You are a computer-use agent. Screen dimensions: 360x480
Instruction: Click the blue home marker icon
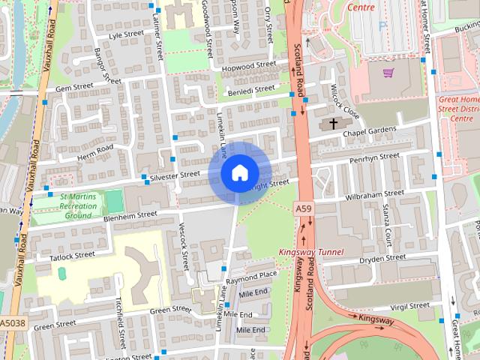(x=238, y=173)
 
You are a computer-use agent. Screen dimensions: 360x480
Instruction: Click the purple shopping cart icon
(x=388, y=73)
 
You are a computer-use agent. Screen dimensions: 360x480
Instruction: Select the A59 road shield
(x=303, y=208)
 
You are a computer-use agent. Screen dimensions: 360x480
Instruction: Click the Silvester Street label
(x=175, y=174)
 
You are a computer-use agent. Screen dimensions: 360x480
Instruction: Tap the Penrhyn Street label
(x=375, y=157)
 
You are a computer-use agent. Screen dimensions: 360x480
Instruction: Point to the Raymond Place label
(x=252, y=276)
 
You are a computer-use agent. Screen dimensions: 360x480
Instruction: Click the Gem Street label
(x=73, y=88)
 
